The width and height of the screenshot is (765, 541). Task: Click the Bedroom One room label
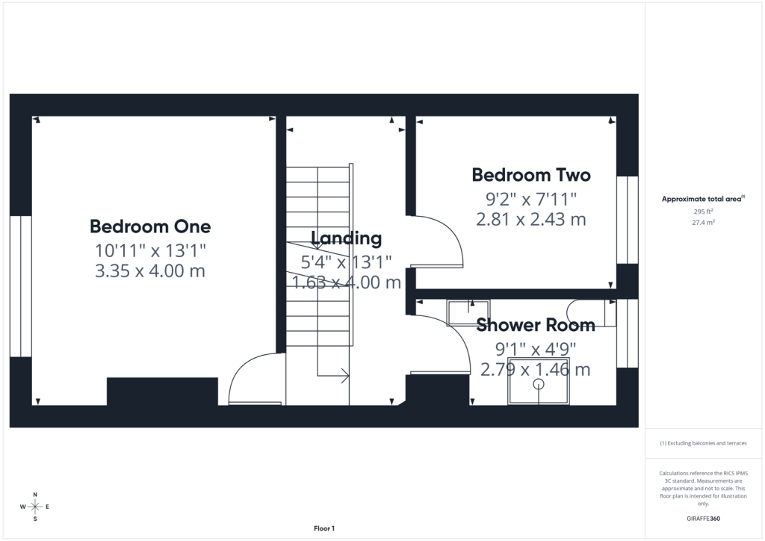tap(150, 226)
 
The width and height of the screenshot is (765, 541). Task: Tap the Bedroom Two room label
tap(531, 175)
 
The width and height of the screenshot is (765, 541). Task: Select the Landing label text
tap(347, 238)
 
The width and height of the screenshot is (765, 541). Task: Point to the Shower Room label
tap(535, 325)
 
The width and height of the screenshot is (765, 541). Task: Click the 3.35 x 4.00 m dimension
tap(149, 270)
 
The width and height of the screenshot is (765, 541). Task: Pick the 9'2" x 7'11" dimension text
tap(531, 199)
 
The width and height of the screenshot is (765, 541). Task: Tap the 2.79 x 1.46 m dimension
tap(535, 369)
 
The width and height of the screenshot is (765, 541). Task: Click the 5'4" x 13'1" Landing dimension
tap(347, 262)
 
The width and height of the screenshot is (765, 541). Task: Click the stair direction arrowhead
tap(345, 376)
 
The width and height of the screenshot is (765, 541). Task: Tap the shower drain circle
tap(538, 384)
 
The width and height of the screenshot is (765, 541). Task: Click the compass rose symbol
tap(34, 507)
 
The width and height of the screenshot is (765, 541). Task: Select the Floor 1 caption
tap(324, 528)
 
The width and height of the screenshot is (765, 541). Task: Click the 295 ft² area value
tap(703, 211)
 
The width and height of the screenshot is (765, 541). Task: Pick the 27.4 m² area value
tap(703, 223)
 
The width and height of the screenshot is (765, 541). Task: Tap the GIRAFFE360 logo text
tap(703, 519)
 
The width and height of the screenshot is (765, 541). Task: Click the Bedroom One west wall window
tap(20, 286)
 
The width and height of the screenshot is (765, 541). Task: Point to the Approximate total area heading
tap(703, 199)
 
